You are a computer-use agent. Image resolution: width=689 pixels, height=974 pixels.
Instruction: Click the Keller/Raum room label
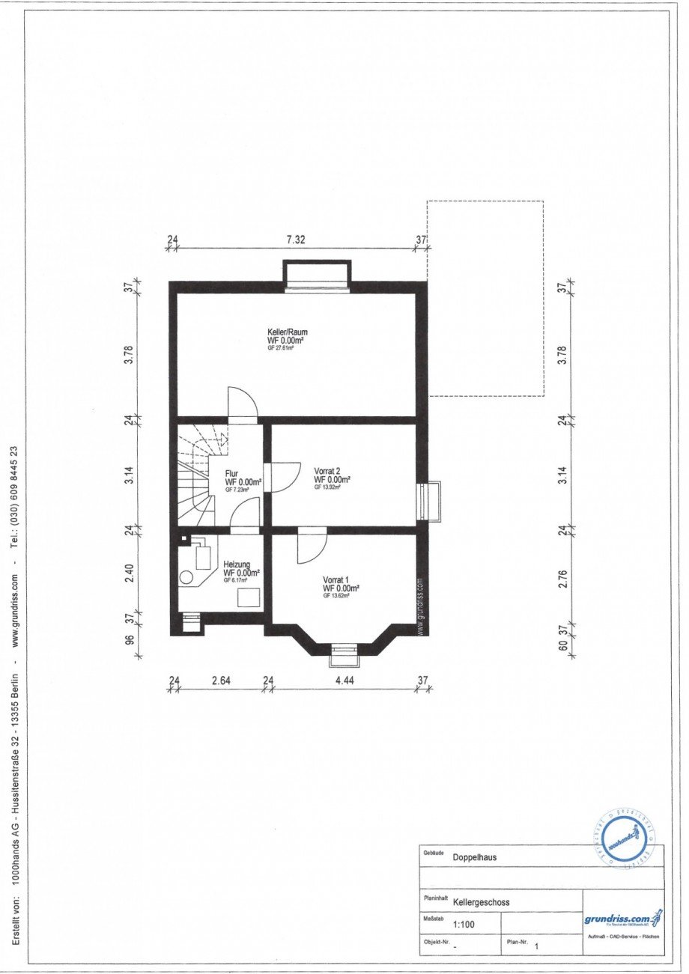(288, 332)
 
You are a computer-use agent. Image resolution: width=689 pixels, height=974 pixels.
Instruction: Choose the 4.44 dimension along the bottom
(344, 681)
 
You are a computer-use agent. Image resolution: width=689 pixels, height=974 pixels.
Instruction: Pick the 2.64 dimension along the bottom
(220, 681)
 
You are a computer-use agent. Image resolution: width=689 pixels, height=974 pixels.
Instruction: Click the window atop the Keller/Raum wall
(317, 275)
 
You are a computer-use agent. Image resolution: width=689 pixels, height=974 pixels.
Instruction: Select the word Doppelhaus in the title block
(475, 859)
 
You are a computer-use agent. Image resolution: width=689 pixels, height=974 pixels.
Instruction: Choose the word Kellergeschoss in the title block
(481, 902)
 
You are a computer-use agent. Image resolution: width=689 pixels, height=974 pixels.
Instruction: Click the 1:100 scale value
(463, 925)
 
